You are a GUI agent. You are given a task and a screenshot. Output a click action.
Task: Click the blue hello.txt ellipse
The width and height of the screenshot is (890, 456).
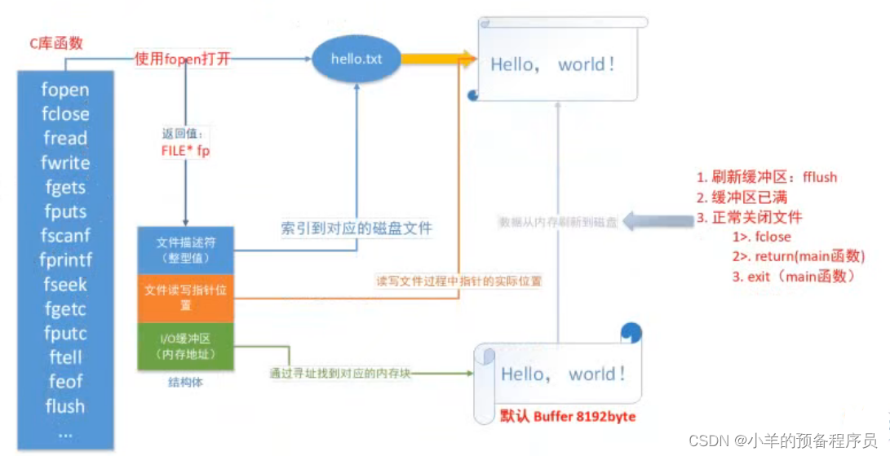356,60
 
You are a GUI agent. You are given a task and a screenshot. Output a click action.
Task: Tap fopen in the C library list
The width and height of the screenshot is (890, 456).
65,90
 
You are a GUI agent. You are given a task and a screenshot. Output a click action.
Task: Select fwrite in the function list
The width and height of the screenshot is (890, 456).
65,162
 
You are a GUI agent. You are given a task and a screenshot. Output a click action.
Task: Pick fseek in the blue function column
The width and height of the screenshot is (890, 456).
65,285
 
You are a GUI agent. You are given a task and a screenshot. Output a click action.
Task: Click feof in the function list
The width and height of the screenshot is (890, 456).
65,382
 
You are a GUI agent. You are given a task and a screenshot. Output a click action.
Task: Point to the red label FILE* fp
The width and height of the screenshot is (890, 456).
185,151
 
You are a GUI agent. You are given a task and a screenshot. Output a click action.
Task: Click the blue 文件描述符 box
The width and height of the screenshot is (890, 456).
187,250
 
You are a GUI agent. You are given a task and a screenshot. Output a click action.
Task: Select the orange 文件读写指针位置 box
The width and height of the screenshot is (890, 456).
187,296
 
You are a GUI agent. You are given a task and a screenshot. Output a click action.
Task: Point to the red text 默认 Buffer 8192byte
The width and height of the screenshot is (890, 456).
568,417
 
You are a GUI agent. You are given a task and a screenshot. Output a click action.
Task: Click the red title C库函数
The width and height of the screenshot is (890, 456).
58,44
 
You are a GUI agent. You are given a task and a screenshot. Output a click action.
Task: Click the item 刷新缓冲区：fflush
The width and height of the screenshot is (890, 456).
767,177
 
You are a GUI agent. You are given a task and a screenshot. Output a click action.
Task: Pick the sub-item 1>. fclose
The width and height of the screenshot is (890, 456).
762,237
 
